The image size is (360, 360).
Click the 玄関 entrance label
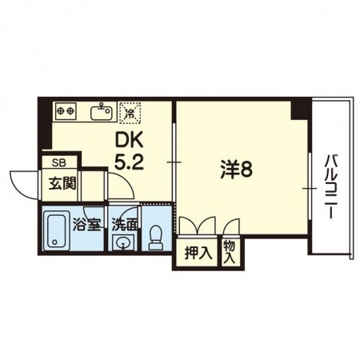pyautogui.click(x=60, y=183)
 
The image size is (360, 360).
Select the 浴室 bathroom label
pyautogui.click(x=87, y=224)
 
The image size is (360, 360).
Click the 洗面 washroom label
pyautogui.click(x=124, y=224)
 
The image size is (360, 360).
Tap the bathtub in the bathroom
pyautogui.click(x=57, y=232)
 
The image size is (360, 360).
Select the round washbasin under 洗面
pyautogui.click(x=122, y=243)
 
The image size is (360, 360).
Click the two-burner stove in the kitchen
pyautogui.click(x=65, y=110)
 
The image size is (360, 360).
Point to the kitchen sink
pyautogui.click(x=100, y=112)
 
